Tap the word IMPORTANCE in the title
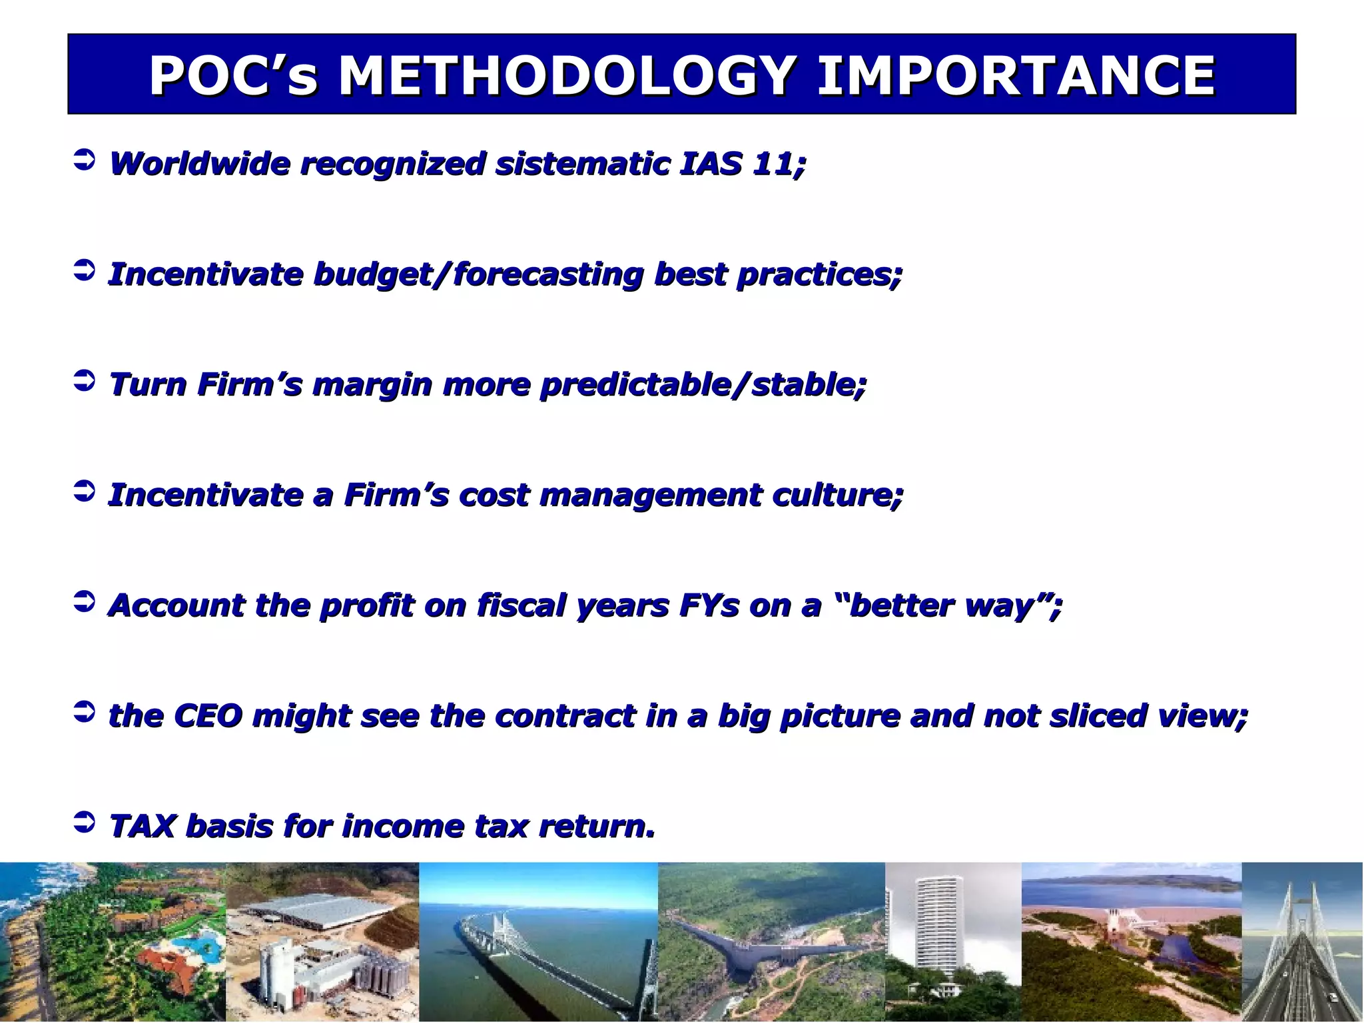click(x=1016, y=75)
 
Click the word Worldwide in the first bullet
click(x=200, y=163)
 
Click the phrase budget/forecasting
click(x=478, y=274)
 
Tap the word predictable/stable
click(x=703, y=385)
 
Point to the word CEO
click(x=208, y=716)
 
